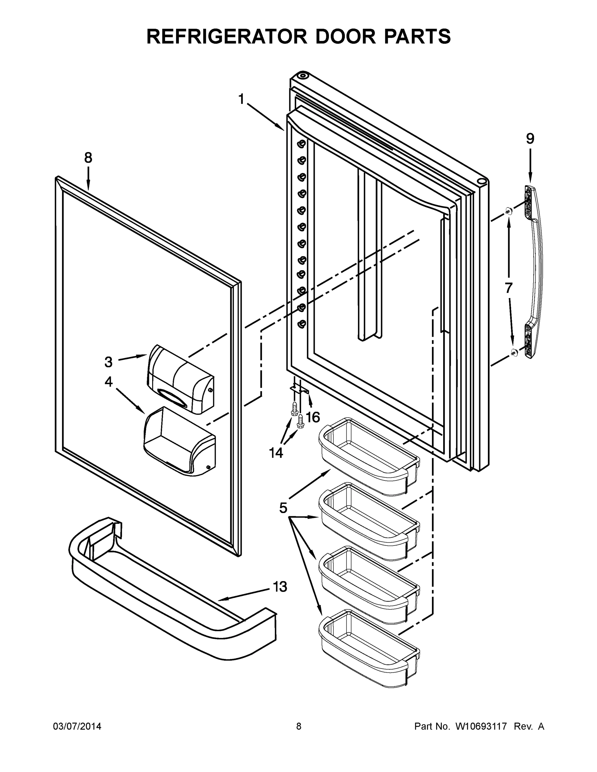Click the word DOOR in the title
coord(346,36)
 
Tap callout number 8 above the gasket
coord(88,158)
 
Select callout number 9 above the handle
coord(530,139)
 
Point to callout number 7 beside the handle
coord(508,288)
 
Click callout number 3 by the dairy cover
coord(108,362)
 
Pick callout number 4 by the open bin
coord(108,381)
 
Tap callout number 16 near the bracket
coord(312,418)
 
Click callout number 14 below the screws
coord(276,453)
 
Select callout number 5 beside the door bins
coord(283,508)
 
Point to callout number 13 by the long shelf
coord(280,587)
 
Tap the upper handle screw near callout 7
coord(508,211)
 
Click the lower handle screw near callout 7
coord(514,351)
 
